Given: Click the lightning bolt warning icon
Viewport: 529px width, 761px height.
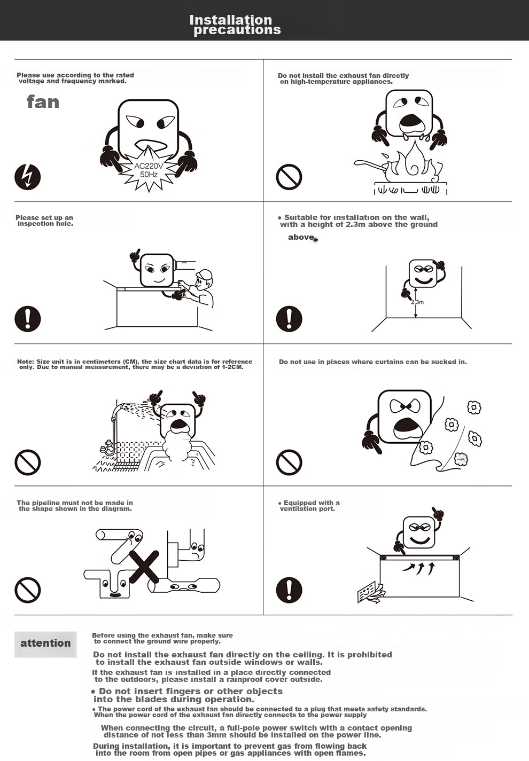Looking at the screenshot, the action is pos(28,177).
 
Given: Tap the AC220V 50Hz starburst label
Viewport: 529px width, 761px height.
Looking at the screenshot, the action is pos(149,170).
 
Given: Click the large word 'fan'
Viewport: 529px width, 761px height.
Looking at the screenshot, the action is pos(43,102).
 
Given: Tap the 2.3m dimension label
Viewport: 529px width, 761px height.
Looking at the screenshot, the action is pos(417,302).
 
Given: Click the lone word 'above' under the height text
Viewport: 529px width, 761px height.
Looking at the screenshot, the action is pos(301,237).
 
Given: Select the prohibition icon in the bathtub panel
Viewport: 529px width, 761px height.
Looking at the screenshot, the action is pos(28,462).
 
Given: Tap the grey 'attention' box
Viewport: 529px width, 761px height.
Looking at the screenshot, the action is pos(45,644).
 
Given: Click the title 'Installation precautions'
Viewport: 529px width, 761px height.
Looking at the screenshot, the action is pos(235,25).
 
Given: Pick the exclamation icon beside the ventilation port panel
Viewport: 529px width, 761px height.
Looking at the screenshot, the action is pos(289,590).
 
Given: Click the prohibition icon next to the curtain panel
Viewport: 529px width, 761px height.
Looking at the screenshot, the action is pos(289,462).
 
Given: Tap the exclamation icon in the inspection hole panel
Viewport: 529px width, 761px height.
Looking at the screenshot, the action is pos(28,319).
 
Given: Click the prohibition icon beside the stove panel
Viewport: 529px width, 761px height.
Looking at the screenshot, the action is pos(289,177).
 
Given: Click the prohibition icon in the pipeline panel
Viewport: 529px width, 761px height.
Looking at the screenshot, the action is pos(28,590).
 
